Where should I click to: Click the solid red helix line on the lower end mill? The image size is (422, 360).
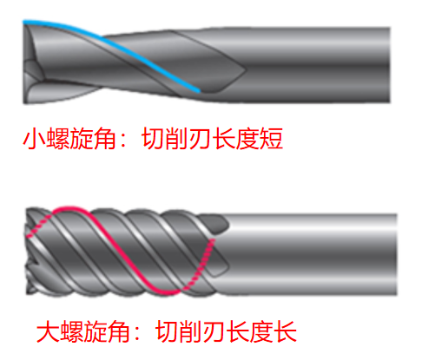pyautogui.click(x=115, y=249)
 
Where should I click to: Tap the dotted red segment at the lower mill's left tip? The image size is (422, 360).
pyautogui.click(x=39, y=226)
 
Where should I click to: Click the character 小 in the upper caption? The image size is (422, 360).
pyautogui.click(x=34, y=139)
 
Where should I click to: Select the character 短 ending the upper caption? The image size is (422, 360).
pyautogui.click(x=271, y=139)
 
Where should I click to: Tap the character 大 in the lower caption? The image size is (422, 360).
pyautogui.click(x=48, y=331)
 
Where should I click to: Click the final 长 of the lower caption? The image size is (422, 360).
pyautogui.click(x=285, y=331)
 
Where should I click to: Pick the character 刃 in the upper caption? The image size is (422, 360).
pyautogui.click(x=200, y=139)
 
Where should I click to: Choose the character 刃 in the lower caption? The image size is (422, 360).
pyautogui.click(x=214, y=331)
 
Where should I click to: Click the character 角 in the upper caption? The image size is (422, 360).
pyautogui.click(x=105, y=139)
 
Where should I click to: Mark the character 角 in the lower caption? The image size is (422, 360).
pyautogui.click(x=119, y=331)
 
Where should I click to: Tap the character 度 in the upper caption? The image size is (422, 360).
pyautogui.click(x=247, y=139)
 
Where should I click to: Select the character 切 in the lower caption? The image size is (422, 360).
pyautogui.click(x=167, y=331)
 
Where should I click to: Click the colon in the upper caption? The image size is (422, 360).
pyautogui.click(x=123, y=140)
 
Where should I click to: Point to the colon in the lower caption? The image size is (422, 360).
pyautogui.click(x=137, y=332)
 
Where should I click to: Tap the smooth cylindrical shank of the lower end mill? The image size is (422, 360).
pyautogui.click(x=313, y=254)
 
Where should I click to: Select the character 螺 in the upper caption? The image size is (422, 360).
pyautogui.click(x=57, y=139)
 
